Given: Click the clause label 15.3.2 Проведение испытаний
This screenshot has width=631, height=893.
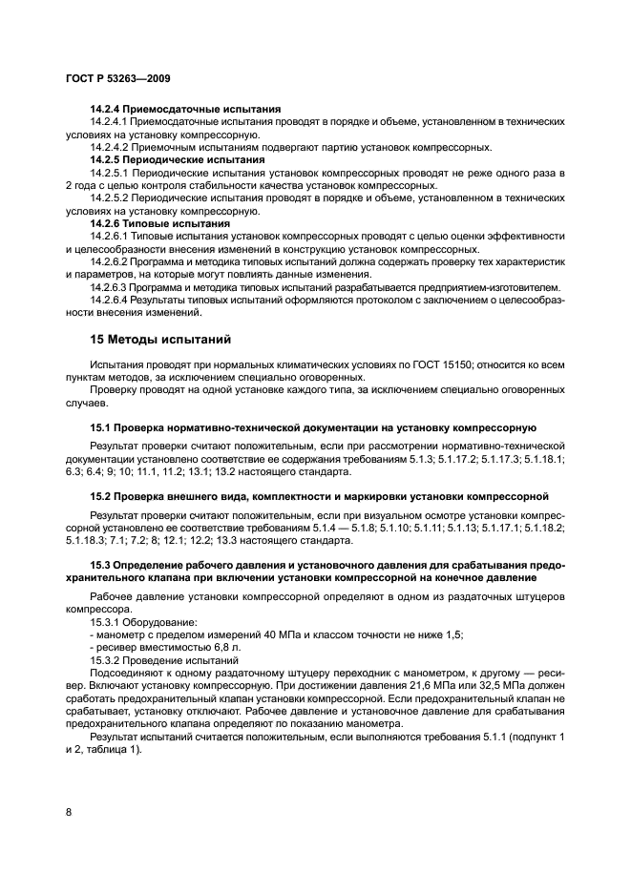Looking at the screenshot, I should [163, 658].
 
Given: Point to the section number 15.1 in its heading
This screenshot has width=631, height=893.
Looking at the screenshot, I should [100, 427].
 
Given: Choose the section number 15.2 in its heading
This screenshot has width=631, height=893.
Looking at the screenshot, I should [100, 496].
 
